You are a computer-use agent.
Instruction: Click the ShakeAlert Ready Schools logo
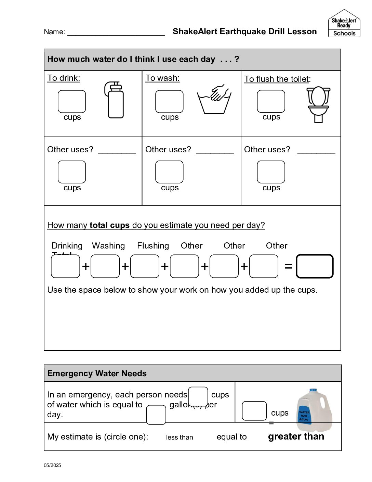click(344, 24)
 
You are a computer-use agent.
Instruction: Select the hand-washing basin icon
click(214, 100)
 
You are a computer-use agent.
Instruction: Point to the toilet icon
click(318, 104)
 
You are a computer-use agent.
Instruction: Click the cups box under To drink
click(72, 102)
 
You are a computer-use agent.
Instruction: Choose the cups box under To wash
click(169, 102)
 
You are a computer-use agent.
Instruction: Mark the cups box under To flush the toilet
click(271, 101)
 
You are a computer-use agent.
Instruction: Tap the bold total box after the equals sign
click(315, 266)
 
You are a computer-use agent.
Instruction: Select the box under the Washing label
click(105, 266)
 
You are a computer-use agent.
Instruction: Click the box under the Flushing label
click(145, 266)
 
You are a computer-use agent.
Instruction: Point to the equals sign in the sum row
click(289, 266)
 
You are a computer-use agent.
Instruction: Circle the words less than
click(180, 437)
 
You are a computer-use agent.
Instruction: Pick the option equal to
click(231, 437)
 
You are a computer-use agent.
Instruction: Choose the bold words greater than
click(296, 436)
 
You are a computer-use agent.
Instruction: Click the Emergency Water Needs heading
click(97, 373)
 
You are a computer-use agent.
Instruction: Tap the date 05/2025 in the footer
click(52, 465)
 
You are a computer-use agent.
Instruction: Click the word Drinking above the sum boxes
click(67, 246)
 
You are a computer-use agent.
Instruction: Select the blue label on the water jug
click(304, 415)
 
